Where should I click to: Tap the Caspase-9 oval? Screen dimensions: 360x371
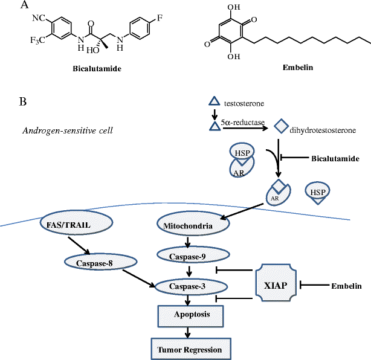click(x=189, y=256)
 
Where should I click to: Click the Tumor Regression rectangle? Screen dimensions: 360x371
click(x=190, y=349)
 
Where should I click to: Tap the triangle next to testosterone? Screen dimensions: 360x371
click(x=214, y=103)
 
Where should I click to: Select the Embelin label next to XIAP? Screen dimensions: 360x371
click(x=346, y=284)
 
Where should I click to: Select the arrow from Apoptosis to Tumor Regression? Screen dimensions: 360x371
click(x=189, y=332)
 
